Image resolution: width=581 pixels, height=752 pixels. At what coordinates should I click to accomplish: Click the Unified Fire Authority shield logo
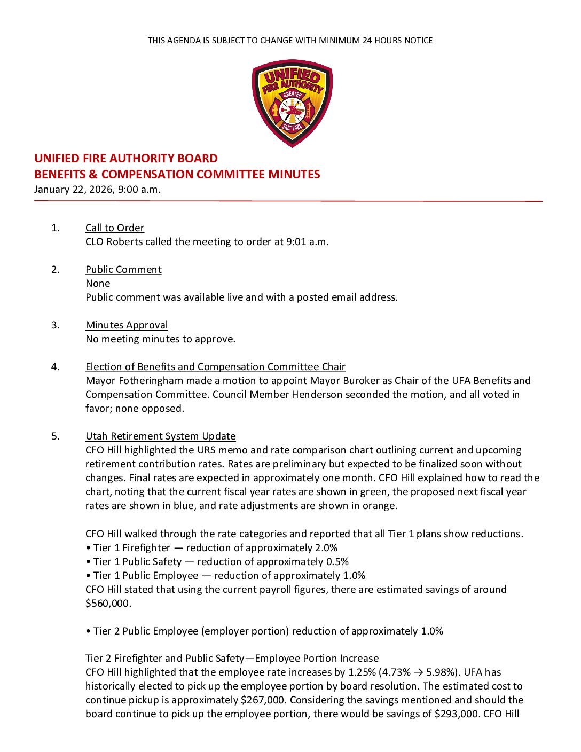292,103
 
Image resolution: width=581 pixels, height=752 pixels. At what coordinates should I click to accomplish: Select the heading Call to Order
115,228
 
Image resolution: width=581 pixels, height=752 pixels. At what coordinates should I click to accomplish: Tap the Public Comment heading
123,270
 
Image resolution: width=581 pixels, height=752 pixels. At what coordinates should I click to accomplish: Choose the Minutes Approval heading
127,325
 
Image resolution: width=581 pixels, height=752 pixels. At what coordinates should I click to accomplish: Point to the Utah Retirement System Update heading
160,436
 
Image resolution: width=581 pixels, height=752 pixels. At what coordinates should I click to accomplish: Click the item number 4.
56,367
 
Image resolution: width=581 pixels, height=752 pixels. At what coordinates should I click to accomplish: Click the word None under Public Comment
98,284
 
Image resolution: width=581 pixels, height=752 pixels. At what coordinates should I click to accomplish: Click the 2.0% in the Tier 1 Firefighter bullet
326,548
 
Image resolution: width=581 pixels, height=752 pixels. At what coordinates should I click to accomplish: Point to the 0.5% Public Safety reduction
337,562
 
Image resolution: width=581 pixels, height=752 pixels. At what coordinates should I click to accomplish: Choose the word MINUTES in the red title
294,175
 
